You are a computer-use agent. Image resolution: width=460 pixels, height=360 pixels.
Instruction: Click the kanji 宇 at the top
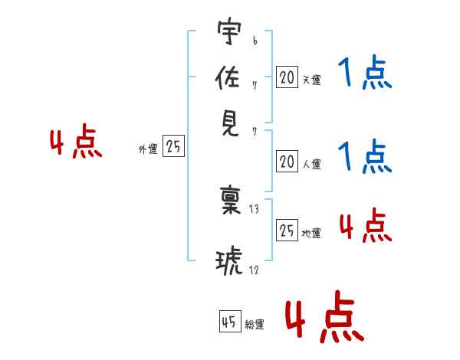pos(229,31)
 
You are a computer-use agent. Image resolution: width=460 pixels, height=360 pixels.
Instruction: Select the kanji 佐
pos(228,77)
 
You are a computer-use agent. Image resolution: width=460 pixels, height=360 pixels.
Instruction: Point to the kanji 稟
pos(230,200)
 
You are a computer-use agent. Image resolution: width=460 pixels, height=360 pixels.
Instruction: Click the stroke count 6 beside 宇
pos(255,41)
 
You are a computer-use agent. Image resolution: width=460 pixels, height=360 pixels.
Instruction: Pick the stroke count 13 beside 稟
pos(254,209)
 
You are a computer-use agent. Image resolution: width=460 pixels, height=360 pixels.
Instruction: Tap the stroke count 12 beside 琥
pos(254,270)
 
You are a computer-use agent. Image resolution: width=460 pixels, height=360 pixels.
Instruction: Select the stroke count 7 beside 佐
pos(255,86)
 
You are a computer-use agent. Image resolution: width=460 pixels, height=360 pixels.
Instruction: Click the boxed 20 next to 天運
pos(287,77)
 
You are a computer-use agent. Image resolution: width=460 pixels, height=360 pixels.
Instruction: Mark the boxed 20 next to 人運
pos(287,162)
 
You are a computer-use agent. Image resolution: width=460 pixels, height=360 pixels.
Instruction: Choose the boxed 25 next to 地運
pos(287,230)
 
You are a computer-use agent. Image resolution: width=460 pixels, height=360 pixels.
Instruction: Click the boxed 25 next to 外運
pos(173,146)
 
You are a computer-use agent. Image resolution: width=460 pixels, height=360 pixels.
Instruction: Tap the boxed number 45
pos(230,321)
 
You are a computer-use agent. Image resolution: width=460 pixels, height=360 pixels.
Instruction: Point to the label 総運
pos(255,325)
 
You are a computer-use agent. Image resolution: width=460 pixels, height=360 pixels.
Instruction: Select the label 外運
pos(148,149)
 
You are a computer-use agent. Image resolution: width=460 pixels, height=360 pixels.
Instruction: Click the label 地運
pos(311,234)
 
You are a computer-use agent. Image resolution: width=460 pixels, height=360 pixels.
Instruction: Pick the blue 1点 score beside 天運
pos(365,72)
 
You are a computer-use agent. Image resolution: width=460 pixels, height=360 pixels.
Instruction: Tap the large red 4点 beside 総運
pos(325,316)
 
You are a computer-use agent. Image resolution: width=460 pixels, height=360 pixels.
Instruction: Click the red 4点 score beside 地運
pos(366,225)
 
